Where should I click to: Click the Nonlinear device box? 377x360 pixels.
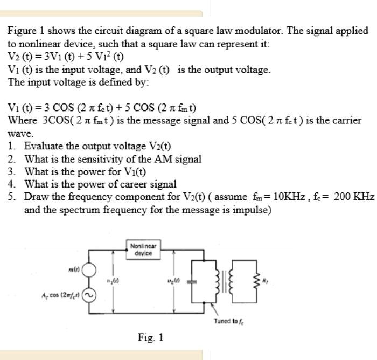coord(143,250)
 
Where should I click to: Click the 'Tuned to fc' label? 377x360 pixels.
coord(228,321)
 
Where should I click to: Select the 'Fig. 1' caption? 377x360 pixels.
coord(150,338)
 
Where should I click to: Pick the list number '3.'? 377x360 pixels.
coord(12,171)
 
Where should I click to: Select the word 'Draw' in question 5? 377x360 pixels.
coord(36,196)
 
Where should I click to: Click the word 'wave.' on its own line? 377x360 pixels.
coord(20,133)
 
